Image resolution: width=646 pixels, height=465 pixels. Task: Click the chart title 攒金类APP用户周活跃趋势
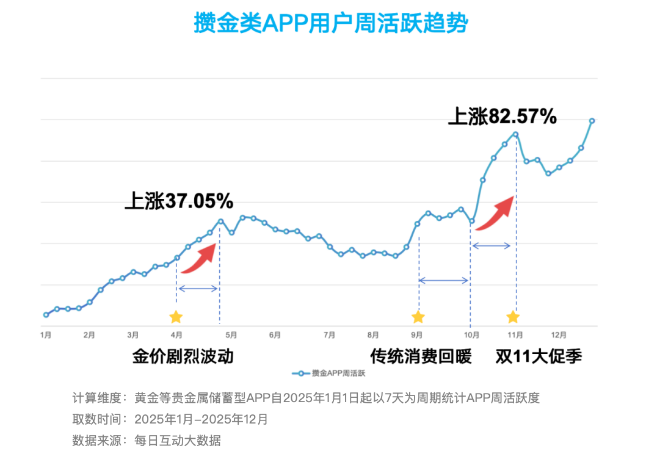pos(330,23)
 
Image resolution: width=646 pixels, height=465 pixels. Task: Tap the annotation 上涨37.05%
pos(179,201)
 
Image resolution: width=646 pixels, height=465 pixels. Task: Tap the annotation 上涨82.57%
pos(502,116)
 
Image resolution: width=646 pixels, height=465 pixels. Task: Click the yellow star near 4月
pos(176,317)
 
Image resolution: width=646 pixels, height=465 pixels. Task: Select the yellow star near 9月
pos(418,317)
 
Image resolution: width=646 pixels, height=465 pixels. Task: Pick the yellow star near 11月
pos(513,317)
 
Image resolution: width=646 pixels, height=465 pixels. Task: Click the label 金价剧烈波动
pos(183,356)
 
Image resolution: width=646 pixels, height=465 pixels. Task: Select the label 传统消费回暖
pos(421,356)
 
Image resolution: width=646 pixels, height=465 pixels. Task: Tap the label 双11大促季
pos(539,356)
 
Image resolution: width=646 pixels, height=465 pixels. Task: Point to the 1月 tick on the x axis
pos(46,335)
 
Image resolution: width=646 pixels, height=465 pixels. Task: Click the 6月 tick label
pos(275,335)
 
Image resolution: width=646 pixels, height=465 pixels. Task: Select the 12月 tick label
pos(558,335)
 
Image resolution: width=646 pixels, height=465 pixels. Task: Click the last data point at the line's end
pos(592,121)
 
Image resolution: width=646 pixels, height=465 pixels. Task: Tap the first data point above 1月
pos(46,315)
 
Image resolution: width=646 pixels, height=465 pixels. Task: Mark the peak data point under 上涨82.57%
pos(516,134)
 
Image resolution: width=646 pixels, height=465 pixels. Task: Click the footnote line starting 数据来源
pos(147,440)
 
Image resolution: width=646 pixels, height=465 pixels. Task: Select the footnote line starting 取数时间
pos(170,419)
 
